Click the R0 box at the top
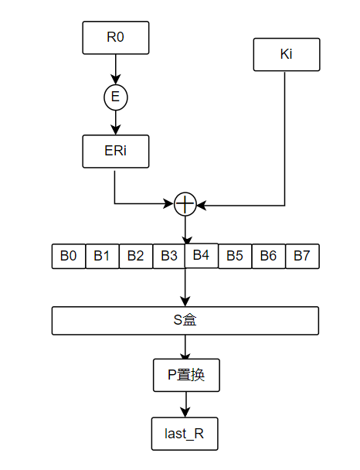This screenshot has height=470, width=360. click(115, 37)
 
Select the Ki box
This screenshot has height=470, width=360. click(286, 55)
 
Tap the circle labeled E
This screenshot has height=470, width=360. click(115, 97)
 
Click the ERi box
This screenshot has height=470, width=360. click(115, 152)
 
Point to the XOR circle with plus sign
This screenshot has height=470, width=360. click(185, 204)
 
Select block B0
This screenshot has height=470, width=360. click(69, 257)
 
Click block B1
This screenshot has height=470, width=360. click(102, 257)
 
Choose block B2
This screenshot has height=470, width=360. click(136, 257)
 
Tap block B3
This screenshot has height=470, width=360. click(169, 257)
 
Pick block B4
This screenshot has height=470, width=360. click(202, 255)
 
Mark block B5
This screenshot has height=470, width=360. click(235, 257)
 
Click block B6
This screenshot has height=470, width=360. click(268, 257)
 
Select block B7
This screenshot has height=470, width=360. click(302, 257)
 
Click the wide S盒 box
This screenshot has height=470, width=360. click(185, 321)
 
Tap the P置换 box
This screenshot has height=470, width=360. click(185, 376)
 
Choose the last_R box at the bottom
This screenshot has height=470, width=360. click(185, 434)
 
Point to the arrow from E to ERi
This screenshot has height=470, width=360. click(115, 122)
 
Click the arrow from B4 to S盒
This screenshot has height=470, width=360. click(185, 287)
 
